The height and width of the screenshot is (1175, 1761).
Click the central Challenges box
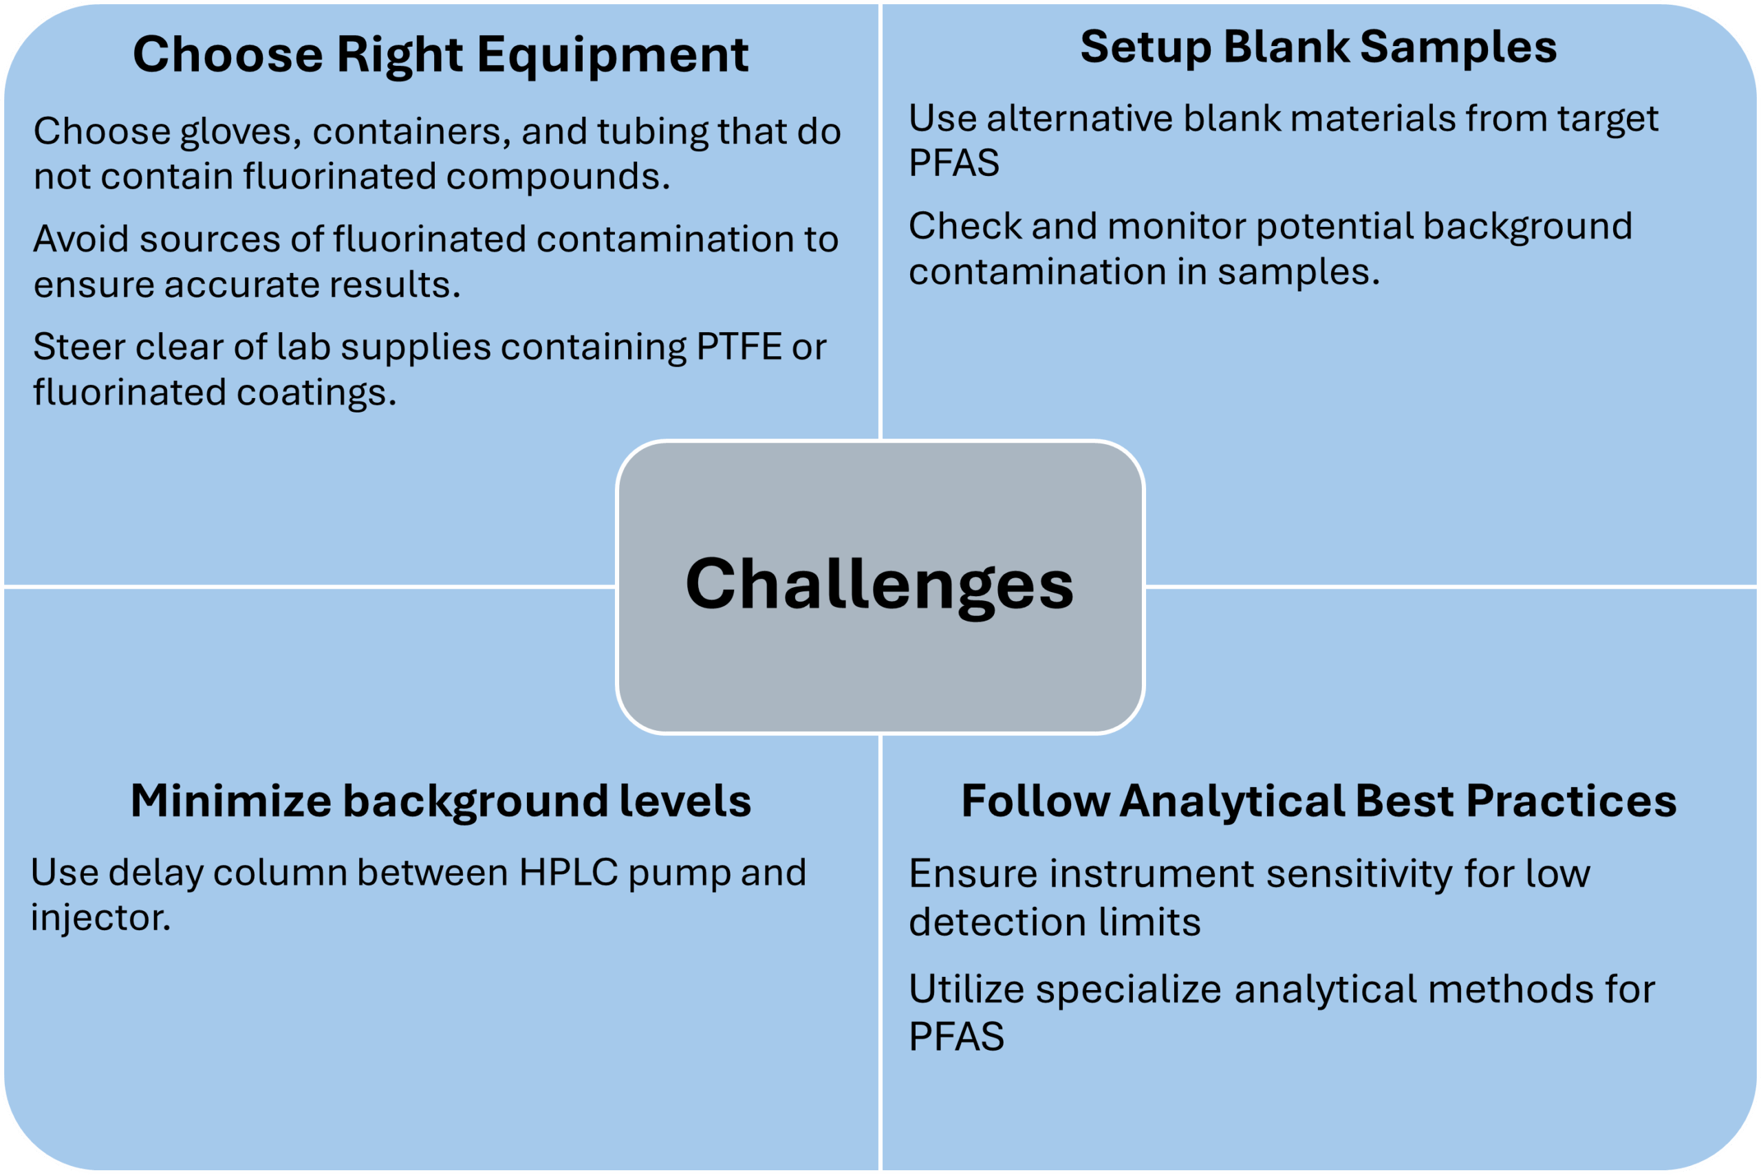click(x=879, y=586)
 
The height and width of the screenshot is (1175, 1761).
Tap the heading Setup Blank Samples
click(x=1318, y=47)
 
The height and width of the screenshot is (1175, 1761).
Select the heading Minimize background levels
click(x=440, y=800)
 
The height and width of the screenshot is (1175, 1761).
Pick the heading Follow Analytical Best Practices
click(x=1319, y=800)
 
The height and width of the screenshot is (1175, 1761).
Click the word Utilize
click(x=966, y=989)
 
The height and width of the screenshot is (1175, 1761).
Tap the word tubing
click(x=652, y=133)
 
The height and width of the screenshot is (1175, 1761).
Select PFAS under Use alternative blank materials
click(x=953, y=163)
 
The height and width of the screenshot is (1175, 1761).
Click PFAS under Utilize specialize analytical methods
click(x=956, y=1036)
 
